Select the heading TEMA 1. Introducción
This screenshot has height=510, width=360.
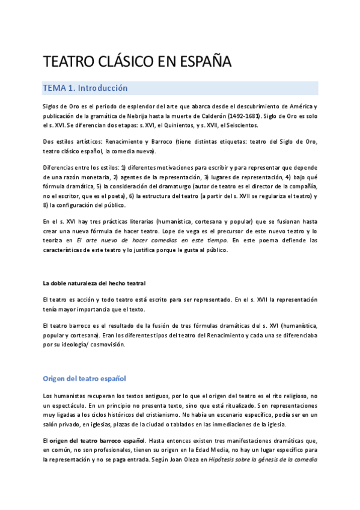(85, 88)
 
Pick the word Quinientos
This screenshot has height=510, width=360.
(176, 125)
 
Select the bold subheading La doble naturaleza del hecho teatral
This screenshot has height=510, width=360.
(94, 283)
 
